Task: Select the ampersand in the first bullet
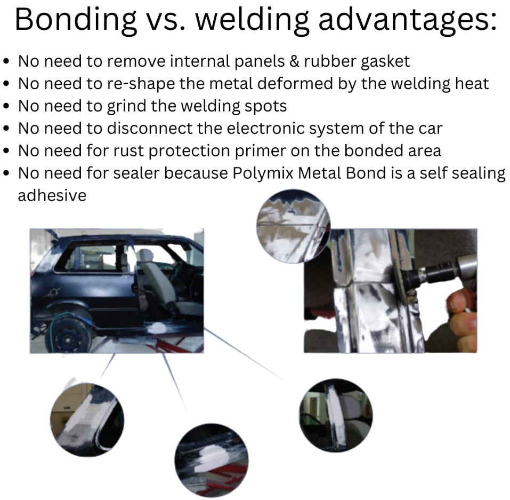[x=294, y=61]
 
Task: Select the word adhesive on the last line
[x=52, y=195]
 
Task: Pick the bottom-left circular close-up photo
[x=87, y=419]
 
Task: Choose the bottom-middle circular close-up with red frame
[x=212, y=460]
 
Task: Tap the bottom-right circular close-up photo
[x=336, y=415]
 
